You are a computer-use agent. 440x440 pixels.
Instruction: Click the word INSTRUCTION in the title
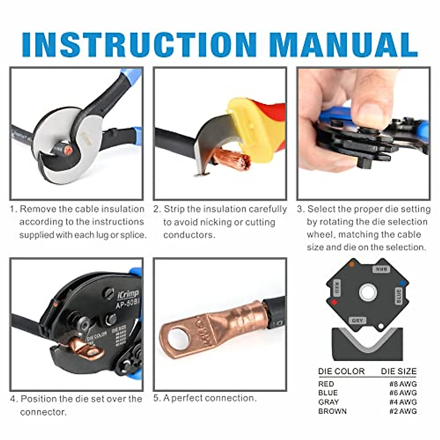[x=139, y=45]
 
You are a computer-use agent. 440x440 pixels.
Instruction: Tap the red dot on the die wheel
[x=334, y=303]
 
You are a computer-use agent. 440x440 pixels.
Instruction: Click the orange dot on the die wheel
[x=352, y=264]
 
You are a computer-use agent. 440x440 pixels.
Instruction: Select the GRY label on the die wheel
[x=357, y=320]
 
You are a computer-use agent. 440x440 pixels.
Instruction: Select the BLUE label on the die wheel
[x=399, y=296]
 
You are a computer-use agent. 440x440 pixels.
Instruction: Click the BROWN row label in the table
[x=332, y=411]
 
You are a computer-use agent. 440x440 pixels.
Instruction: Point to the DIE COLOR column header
[x=341, y=371]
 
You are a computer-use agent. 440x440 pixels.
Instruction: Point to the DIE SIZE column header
[x=398, y=371]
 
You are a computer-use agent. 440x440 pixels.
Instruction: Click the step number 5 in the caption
[x=157, y=398]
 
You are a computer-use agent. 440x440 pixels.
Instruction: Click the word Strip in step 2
[x=174, y=209]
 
